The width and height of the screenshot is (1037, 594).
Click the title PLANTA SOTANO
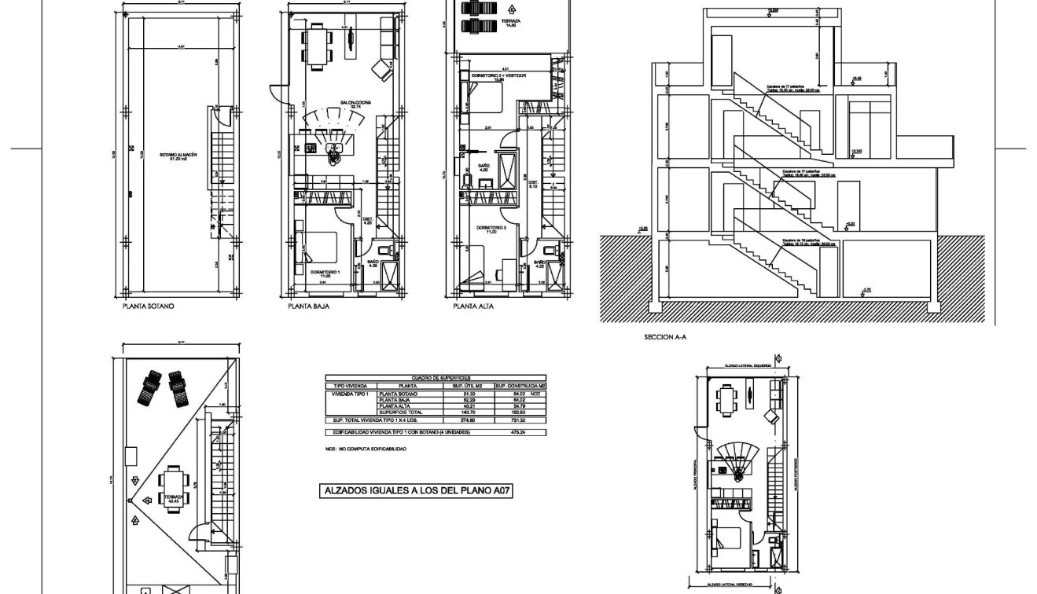pyautogui.click(x=148, y=306)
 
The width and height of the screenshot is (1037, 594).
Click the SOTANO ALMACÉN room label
pyautogui.click(x=178, y=156)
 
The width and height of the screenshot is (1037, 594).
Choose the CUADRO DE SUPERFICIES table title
pyautogui.click(x=435, y=378)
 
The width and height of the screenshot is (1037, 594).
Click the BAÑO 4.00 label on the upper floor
pyautogui.click(x=484, y=168)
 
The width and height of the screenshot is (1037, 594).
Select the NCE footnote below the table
pyautogui.click(x=366, y=449)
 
